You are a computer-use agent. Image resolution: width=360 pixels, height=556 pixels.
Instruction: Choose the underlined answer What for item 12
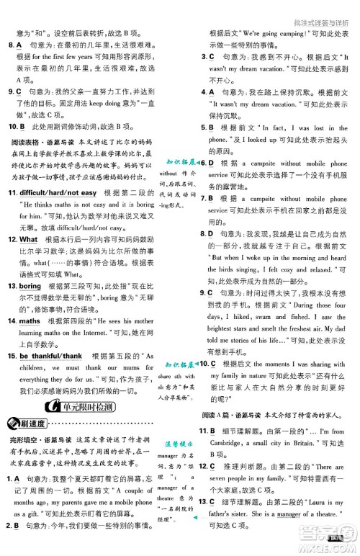tap(29, 239)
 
